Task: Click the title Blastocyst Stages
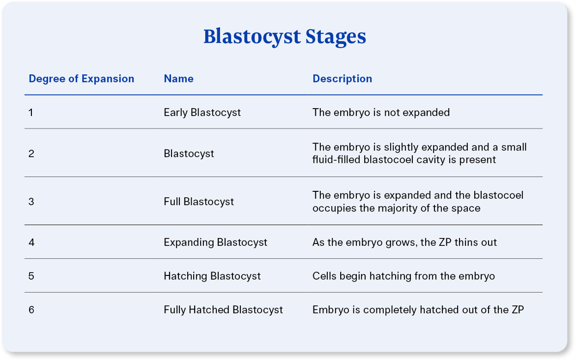coord(285,37)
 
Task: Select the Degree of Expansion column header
coord(81,79)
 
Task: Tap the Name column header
coord(178,79)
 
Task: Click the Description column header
coord(342,79)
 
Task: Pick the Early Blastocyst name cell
coord(202,113)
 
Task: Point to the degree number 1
coord(31,113)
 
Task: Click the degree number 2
coord(31,153)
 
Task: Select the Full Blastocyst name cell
coord(199,202)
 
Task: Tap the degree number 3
coord(31,202)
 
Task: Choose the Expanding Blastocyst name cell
coord(215,242)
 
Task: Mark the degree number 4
coord(31,242)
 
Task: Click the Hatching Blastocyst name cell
coord(212,276)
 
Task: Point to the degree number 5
coord(31,276)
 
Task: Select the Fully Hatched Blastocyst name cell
coord(223,310)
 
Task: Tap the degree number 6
coord(31,310)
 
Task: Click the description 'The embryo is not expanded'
coord(381,113)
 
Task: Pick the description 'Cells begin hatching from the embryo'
coord(403,276)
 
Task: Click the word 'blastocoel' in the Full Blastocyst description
coord(499,195)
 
